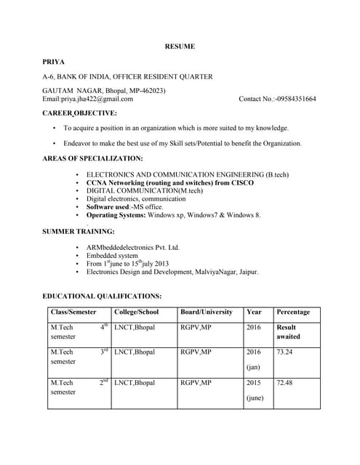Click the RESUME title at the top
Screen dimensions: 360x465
(x=180, y=46)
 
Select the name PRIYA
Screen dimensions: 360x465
(x=54, y=62)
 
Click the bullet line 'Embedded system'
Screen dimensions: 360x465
(x=111, y=256)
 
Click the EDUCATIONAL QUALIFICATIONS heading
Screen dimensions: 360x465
(x=102, y=296)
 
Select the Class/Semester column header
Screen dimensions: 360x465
(x=73, y=312)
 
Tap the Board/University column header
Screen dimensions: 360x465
(x=207, y=312)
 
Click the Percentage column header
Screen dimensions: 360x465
(x=293, y=312)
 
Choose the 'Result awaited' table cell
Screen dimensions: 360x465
(x=287, y=332)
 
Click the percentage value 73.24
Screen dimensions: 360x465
(x=284, y=352)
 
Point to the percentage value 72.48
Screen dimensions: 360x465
(x=284, y=382)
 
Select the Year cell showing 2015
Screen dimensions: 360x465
(x=254, y=382)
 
